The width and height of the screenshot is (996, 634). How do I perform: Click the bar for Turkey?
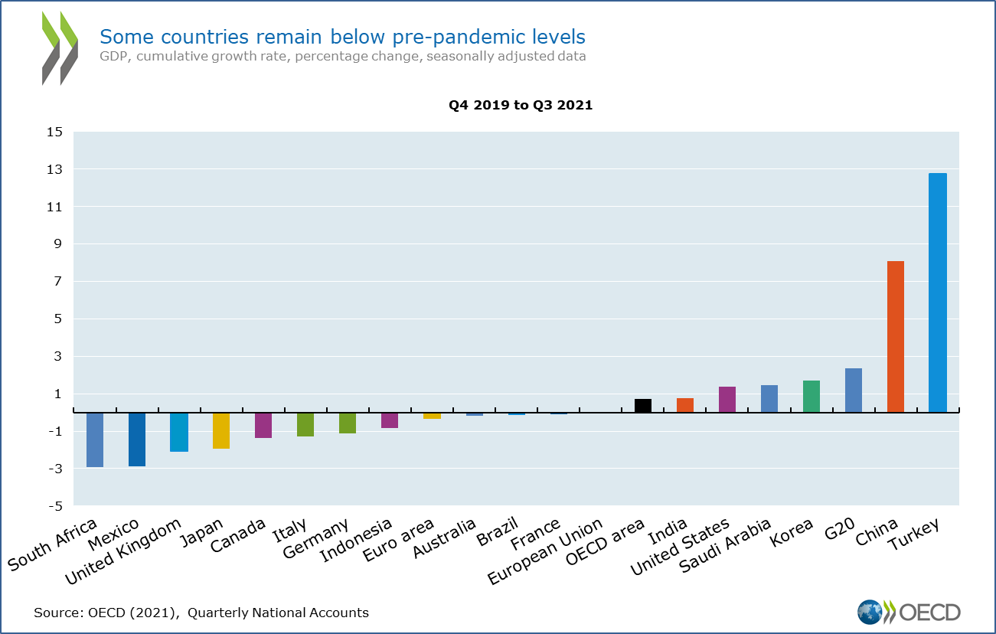click(x=937, y=292)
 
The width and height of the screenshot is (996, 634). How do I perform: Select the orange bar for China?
click(x=895, y=337)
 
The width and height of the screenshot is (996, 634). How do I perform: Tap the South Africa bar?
click(x=95, y=440)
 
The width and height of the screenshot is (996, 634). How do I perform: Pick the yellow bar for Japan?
click(x=221, y=430)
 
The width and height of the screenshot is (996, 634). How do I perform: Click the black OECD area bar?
click(x=643, y=406)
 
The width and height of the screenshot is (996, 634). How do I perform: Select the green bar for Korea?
click(x=811, y=397)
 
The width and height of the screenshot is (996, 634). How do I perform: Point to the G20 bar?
click(x=853, y=391)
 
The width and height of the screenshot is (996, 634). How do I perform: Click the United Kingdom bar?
click(x=179, y=432)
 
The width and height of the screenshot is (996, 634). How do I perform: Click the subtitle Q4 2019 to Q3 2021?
click(x=521, y=106)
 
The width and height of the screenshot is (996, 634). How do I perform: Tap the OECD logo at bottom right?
click(x=909, y=612)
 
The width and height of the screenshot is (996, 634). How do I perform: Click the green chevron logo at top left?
click(x=60, y=47)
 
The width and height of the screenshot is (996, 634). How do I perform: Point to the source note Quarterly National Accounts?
click(x=278, y=613)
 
